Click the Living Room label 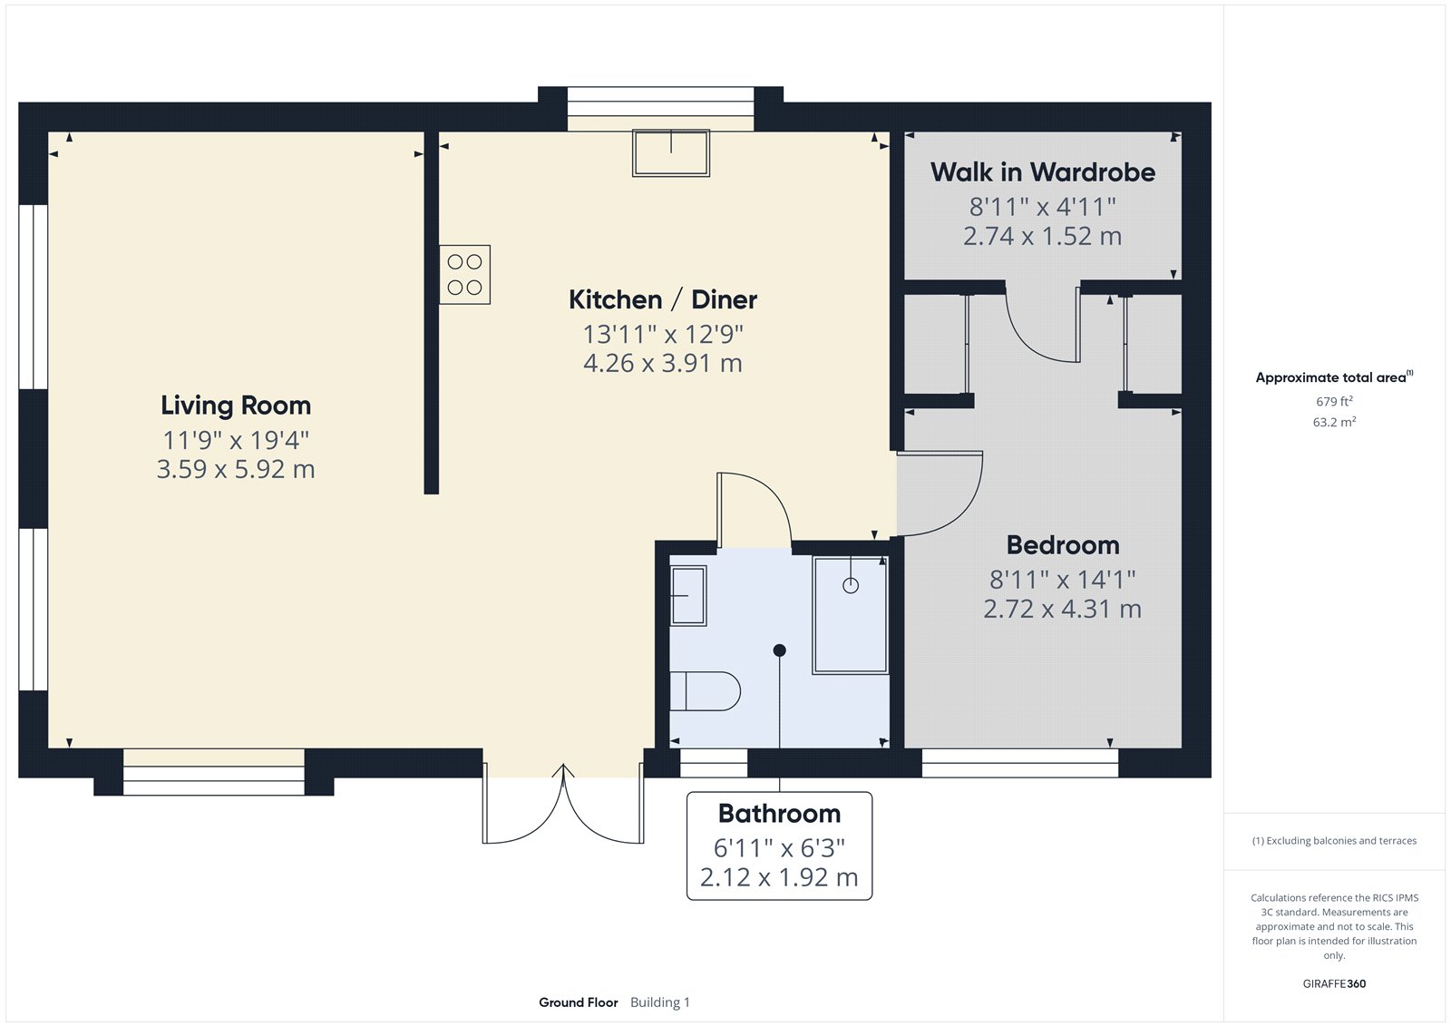pos(236,406)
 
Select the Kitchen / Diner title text pos(662,299)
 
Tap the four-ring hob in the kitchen pos(464,274)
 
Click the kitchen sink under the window pos(671,152)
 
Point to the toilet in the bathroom pos(706,691)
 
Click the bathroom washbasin pos(688,595)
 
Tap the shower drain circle pos(850,585)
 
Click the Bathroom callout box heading pos(779,814)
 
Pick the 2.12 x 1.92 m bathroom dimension pos(779,878)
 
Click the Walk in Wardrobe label pos(1042,172)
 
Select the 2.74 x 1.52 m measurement pos(1042,237)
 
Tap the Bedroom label pos(1062,545)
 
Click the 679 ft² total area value pos(1334,401)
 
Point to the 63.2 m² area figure pos(1334,422)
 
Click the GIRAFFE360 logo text pos(1334,983)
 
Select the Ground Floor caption pos(578,1002)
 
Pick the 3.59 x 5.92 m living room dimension pos(236,470)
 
